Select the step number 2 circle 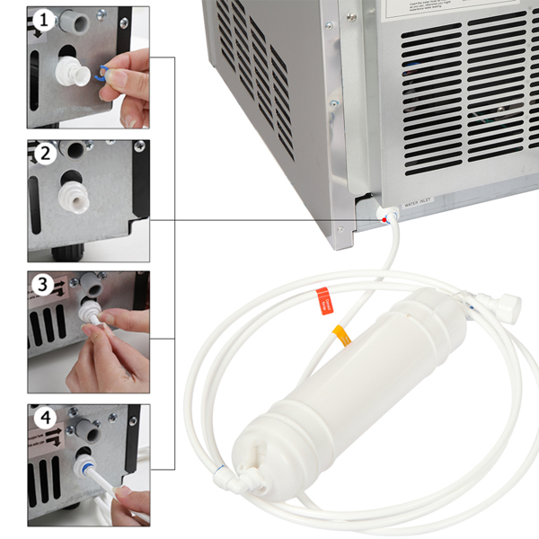pyautogui.click(x=42, y=154)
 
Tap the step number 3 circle pyautogui.click(x=42, y=286)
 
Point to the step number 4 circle pyautogui.click(x=42, y=419)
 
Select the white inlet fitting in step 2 pyautogui.click(x=70, y=194)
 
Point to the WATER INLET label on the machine pyautogui.click(x=425, y=205)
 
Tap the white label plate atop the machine pyautogui.click(x=432, y=7)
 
